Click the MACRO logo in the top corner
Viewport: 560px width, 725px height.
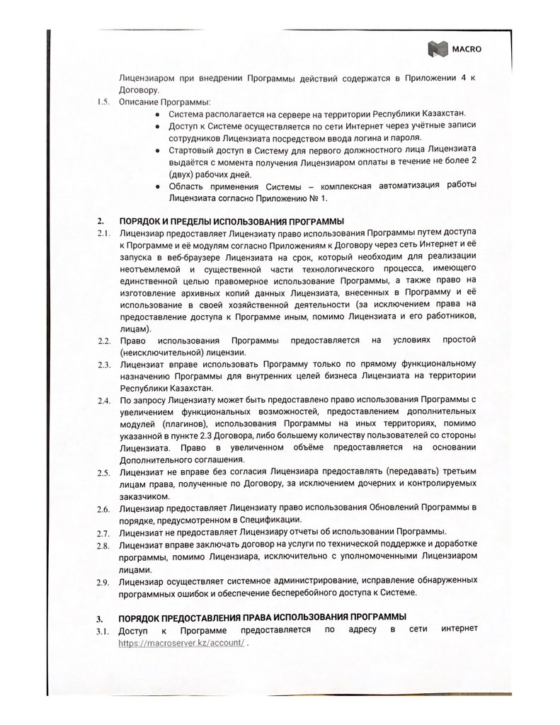click(x=450, y=48)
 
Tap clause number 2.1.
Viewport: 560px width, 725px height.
click(x=102, y=234)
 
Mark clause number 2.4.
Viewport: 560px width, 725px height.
click(x=102, y=401)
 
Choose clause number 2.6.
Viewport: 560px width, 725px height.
click(x=102, y=509)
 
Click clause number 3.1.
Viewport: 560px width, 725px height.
click(x=102, y=630)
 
